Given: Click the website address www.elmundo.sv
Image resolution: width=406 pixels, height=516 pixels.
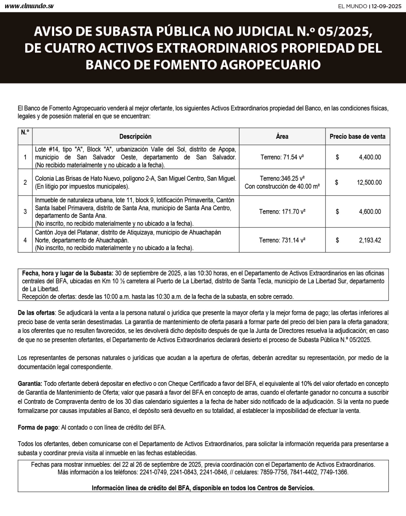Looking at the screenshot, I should click(29, 6).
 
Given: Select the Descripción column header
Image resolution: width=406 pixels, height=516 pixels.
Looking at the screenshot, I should click(135, 137).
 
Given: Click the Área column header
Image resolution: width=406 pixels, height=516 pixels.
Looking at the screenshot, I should click(282, 137).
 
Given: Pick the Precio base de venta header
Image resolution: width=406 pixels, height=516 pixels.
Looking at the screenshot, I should click(357, 137).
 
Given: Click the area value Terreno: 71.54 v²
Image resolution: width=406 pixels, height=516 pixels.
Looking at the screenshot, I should click(282, 157).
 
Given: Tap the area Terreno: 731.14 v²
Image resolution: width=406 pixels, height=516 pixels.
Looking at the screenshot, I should click(282, 240).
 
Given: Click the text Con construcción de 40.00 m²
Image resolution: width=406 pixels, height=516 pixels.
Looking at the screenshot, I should click(282, 187).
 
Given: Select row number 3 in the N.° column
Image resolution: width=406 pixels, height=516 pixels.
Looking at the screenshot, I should click(25, 211).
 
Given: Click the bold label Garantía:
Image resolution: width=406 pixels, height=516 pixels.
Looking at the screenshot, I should click(30, 384).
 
